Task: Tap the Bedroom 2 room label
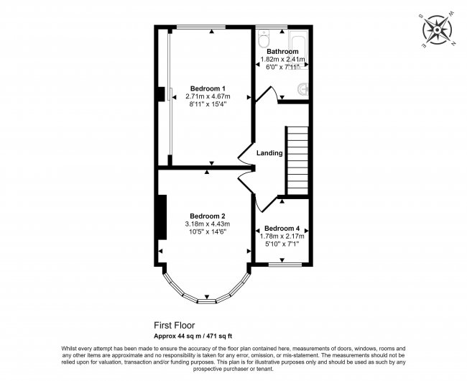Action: coord(208,216)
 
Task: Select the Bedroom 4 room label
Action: coord(282,228)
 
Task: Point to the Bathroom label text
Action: coord(282,52)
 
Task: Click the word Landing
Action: coord(269,153)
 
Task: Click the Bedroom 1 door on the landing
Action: coord(245,152)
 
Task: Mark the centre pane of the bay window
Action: coord(208,300)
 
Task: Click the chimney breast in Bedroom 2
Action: coord(162,215)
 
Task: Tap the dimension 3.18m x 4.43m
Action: coord(208,224)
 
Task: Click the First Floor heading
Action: coord(175,325)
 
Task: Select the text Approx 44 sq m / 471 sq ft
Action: coord(198,335)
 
